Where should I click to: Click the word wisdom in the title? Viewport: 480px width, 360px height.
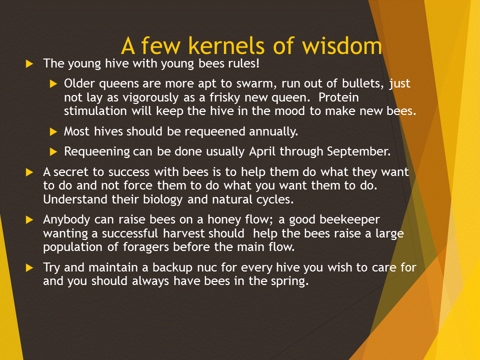pos(342,45)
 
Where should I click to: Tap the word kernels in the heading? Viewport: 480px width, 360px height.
pos(226,45)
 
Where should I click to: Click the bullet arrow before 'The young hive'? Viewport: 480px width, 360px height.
pos(29,64)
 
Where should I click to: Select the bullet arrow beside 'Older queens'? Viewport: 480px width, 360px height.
pos(53,84)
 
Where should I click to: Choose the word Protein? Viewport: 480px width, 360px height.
pos(338,97)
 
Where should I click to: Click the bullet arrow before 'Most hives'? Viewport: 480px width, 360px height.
pos(53,132)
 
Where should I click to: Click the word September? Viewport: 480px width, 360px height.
pos(358,151)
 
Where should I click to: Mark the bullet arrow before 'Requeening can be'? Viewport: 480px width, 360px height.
pos(53,152)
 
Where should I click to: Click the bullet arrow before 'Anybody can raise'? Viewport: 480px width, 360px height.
pos(29,220)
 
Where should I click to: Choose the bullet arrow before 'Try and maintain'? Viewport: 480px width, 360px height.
pos(29,268)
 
